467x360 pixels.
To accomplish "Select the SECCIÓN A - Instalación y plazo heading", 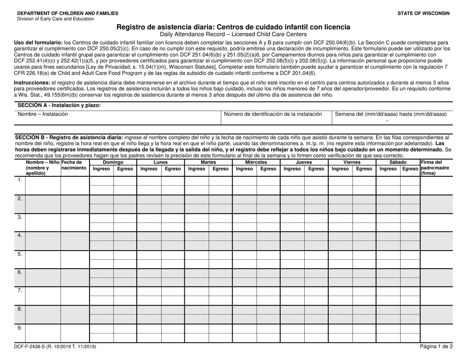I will tap(59, 105).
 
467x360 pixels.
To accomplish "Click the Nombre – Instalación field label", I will tap(43, 114).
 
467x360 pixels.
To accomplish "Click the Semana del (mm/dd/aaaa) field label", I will tap(390, 114).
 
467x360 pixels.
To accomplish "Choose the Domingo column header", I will tap(113, 162).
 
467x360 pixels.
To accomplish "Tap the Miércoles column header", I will tap(256, 162).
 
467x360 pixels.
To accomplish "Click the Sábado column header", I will tap(398, 162).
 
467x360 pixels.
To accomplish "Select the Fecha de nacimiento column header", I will tap(75, 166).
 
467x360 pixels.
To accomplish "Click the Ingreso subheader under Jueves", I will tap(292, 168).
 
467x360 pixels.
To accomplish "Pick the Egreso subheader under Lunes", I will tap(173, 168).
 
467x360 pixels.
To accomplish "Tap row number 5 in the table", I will tap(20, 254).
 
